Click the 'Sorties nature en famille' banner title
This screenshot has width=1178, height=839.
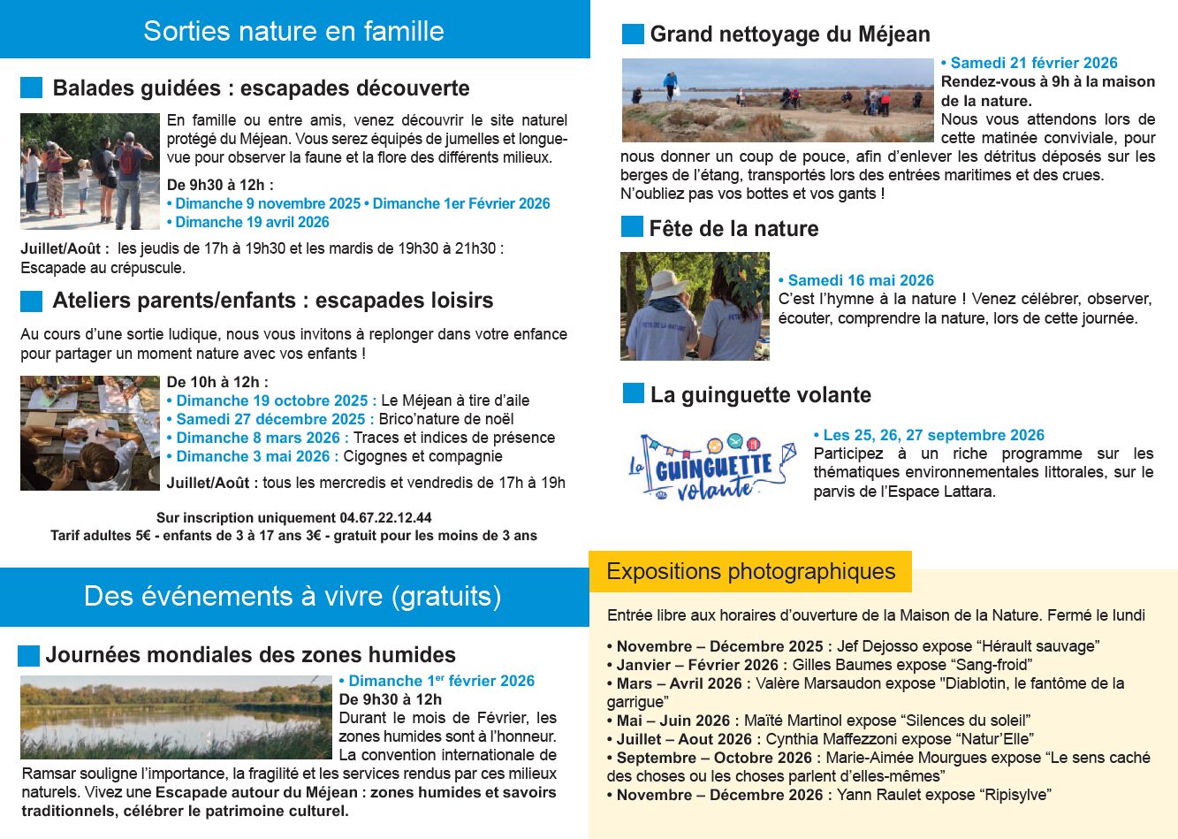pos(293,31)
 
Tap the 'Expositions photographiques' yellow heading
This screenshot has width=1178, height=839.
pos(750,572)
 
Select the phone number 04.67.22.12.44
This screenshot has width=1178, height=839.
pos(385,518)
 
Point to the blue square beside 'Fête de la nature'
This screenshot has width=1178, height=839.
pos(632,227)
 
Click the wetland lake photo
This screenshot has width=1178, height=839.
pos(177,717)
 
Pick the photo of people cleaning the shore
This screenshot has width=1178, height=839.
pos(778,100)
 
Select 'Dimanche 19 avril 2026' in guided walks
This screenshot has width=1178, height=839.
pos(252,222)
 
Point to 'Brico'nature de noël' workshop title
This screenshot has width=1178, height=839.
pos(446,419)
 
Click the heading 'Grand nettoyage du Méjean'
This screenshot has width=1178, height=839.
pos(789,34)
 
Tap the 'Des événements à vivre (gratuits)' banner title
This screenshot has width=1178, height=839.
pos(293,597)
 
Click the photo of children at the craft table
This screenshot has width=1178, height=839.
pos(90,433)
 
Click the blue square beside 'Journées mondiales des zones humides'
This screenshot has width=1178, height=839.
pos(28,655)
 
